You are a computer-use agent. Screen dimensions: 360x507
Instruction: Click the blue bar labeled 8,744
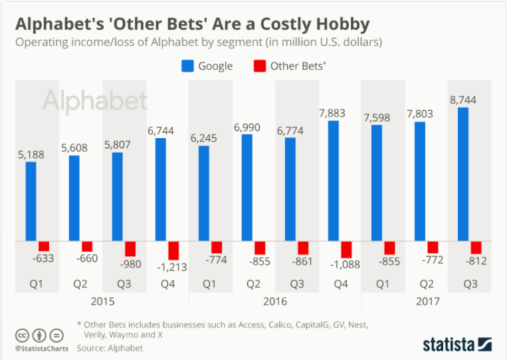pyautogui.click(x=463, y=174)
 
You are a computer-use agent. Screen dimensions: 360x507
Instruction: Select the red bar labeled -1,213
pyautogui.click(x=173, y=250)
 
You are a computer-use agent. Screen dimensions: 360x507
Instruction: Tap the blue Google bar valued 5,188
pyautogui.click(x=31, y=201)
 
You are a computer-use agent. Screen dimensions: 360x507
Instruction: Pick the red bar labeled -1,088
pyautogui.click(x=346, y=249)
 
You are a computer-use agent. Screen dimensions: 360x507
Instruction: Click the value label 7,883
pyautogui.click(x=340, y=113)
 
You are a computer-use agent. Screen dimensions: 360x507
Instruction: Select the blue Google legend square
pyautogui.click(x=187, y=66)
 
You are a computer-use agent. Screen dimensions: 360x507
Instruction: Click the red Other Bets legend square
pyautogui.click(x=260, y=66)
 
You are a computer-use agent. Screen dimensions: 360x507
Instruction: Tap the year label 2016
pyautogui.click(x=274, y=301)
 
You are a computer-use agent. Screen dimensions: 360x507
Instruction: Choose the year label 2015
pyautogui.click(x=102, y=301)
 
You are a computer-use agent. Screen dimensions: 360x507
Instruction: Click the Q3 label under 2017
pyautogui.click(x=469, y=284)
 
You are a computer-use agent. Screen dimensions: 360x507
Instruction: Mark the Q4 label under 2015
pyautogui.click(x=167, y=284)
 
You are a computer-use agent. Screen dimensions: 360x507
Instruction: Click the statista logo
pyautogui.click(x=457, y=343)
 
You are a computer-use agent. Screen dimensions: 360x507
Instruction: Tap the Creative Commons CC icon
pyautogui.click(x=22, y=335)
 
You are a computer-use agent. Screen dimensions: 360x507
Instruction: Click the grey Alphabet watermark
pyautogui.click(x=95, y=101)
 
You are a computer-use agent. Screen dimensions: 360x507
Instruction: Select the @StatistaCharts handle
pyautogui.click(x=39, y=347)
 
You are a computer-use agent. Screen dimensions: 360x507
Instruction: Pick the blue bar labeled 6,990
pyautogui.click(x=247, y=187)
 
